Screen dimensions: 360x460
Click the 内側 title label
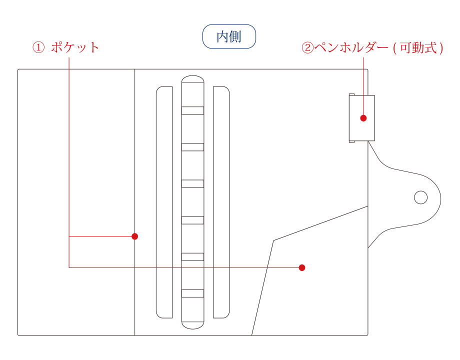[x=229, y=37]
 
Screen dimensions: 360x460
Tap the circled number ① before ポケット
[x=38, y=47]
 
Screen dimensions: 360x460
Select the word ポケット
[x=75, y=47]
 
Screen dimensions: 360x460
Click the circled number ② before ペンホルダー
[x=307, y=48]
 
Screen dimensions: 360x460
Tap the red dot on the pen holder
[x=363, y=118]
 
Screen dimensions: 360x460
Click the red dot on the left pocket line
[x=134, y=236]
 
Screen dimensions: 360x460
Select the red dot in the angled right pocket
[x=302, y=267]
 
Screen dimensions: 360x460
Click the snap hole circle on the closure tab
[x=421, y=197]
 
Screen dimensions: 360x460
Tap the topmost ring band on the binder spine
[x=192, y=110]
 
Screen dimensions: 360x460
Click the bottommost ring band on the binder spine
[x=192, y=293]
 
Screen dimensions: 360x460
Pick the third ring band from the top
[x=192, y=183]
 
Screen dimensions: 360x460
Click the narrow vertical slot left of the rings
[x=164, y=202]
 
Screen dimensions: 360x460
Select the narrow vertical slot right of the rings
[x=221, y=202]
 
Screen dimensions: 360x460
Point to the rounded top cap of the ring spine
[x=192, y=81]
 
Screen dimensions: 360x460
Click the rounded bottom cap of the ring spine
[x=192, y=323]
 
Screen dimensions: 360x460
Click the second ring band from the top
[x=192, y=147]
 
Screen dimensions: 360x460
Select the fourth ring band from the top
[x=192, y=220]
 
